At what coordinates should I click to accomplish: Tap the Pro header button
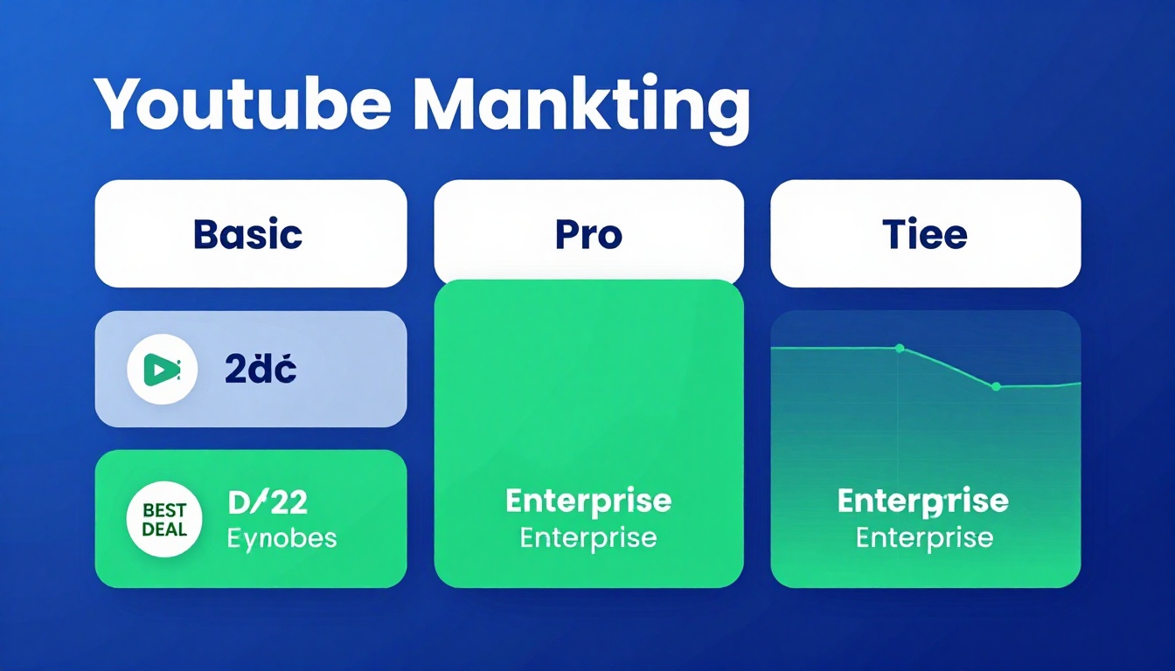pos(588,234)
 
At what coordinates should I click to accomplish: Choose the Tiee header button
pos(924,234)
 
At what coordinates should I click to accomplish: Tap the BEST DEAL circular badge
pos(163,520)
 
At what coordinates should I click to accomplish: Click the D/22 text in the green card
pos(268,503)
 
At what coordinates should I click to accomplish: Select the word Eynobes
pos(282,537)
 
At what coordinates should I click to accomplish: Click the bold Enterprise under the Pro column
pos(588,502)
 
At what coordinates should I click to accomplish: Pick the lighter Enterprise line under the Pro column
pos(588,537)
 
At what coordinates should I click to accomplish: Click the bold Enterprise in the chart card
pos(923,502)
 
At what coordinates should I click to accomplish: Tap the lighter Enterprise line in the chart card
pos(924,537)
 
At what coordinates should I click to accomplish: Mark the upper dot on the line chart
pos(899,349)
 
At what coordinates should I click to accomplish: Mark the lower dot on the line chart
pos(996,386)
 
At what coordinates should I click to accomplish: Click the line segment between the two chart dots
pos(948,366)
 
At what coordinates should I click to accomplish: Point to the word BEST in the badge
pos(163,509)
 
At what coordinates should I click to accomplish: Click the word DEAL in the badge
pos(163,529)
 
